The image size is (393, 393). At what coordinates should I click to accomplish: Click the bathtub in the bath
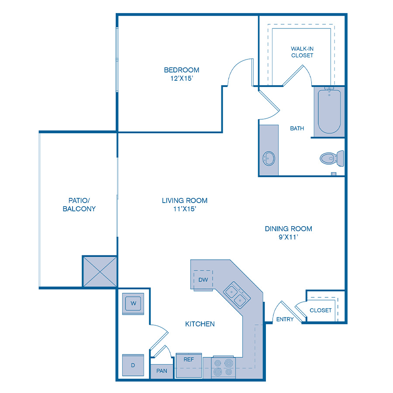point(329,112)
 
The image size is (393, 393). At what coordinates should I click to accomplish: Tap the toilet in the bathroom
point(332,158)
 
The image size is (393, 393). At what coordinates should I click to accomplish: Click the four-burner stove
point(224,368)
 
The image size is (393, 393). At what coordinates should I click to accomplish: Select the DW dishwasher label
point(203,279)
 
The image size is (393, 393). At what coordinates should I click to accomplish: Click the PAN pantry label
point(162,371)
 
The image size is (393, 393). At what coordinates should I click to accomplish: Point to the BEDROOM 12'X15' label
point(181,74)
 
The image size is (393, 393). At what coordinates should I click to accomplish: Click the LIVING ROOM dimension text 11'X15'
point(184,209)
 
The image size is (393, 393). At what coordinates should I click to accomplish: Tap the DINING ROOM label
point(288,229)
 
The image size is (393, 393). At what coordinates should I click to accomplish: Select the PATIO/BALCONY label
point(79,204)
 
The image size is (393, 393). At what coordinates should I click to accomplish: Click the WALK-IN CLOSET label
point(302,52)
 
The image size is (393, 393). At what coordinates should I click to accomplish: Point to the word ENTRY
point(285,320)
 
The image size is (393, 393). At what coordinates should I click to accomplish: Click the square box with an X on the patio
point(100,272)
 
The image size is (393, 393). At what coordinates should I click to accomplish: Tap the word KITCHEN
point(200,324)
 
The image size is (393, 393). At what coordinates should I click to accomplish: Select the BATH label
point(297,128)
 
